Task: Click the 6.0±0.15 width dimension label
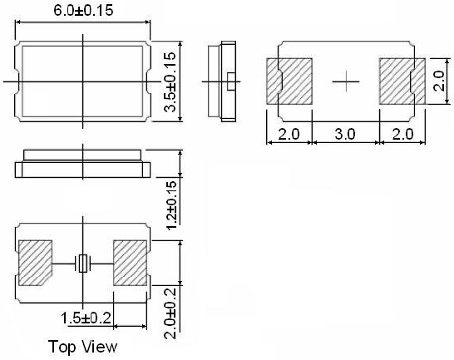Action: pos(83,11)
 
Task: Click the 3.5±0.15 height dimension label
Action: pos(170,82)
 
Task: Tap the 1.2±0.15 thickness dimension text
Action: pos(171,205)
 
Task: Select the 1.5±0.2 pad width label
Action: pos(86,318)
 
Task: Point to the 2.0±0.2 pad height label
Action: pos(170,313)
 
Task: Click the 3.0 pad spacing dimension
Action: pos(345,134)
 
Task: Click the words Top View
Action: pos(83,347)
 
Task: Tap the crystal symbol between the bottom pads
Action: pos(83,264)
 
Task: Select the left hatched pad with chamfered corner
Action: pos(35,263)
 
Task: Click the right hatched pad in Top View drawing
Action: pos(130,263)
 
